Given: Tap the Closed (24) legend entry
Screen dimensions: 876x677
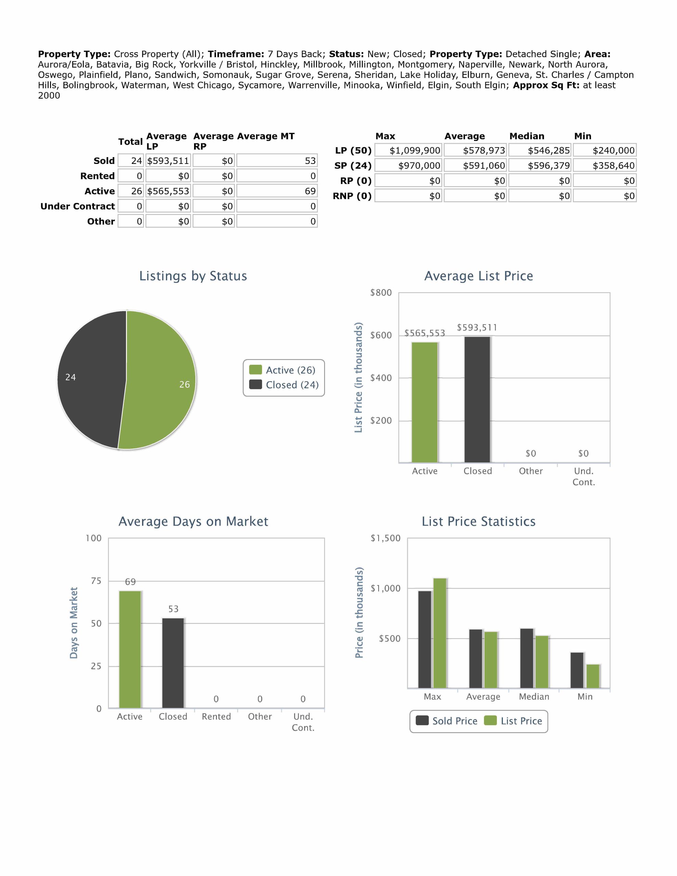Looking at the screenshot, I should pyautogui.click(x=284, y=385).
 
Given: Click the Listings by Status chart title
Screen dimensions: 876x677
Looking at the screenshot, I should pyautogui.click(x=193, y=276).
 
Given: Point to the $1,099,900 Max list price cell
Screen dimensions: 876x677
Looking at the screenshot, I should pyautogui.click(x=409, y=151).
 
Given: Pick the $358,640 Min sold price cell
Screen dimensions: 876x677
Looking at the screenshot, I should pyautogui.click(x=605, y=166).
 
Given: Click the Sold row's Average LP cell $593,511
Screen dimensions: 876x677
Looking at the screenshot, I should pyautogui.click(x=168, y=161).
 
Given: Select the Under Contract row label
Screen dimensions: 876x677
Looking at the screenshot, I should pyautogui.click(x=78, y=206).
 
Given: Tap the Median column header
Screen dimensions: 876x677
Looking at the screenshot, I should pyautogui.click(x=527, y=136).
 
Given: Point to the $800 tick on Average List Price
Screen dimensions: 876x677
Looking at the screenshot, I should pyautogui.click(x=381, y=293).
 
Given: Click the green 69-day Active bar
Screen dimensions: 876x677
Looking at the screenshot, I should pyautogui.click(x=130, y=649).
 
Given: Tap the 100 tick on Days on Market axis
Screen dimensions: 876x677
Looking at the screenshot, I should pyautogui.click(x=93, y=538).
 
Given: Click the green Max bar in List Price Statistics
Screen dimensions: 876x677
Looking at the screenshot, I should pyautogui.click(x=440, y=633).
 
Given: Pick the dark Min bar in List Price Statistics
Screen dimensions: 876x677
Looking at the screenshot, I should pyautogui.click(x=577, y=670).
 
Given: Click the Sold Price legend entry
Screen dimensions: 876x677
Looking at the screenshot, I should pyautogui.click(x=447, y=721).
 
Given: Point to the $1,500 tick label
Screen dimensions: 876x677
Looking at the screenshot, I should pyautogui.click(x=385, y=538).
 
